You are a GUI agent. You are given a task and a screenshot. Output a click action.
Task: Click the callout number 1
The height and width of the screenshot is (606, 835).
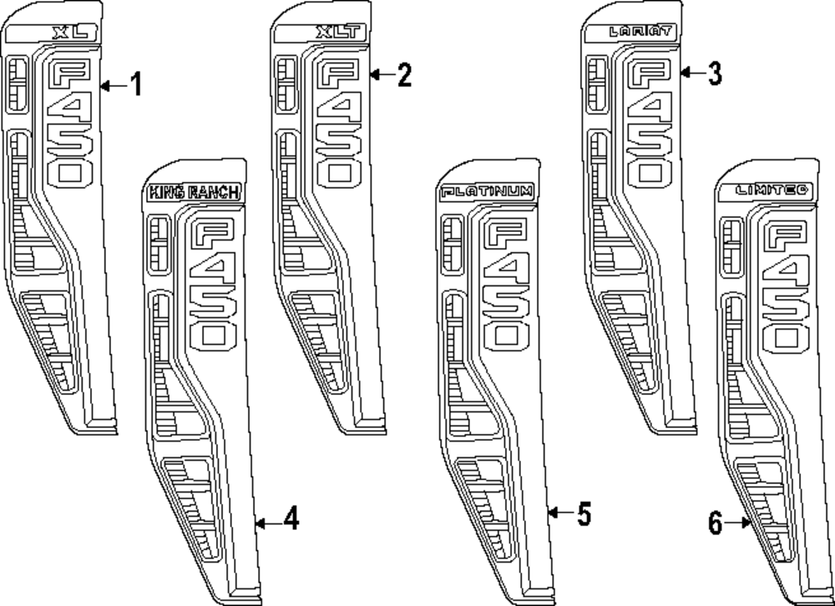pyautogui.click(x=135, y=85)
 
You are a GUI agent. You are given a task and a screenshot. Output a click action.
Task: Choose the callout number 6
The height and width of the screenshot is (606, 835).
pyautogui.click(x=715, y=524)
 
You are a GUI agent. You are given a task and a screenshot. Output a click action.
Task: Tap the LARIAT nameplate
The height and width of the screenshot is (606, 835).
pyautogui.click(x=640, y=33)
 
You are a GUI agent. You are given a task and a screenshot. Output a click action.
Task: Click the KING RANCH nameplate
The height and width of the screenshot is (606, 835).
pyautogui.click(x=195, y=193)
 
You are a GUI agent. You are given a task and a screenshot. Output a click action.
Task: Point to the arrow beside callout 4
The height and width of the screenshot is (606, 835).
pyautogui.click(x=265, y=523)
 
